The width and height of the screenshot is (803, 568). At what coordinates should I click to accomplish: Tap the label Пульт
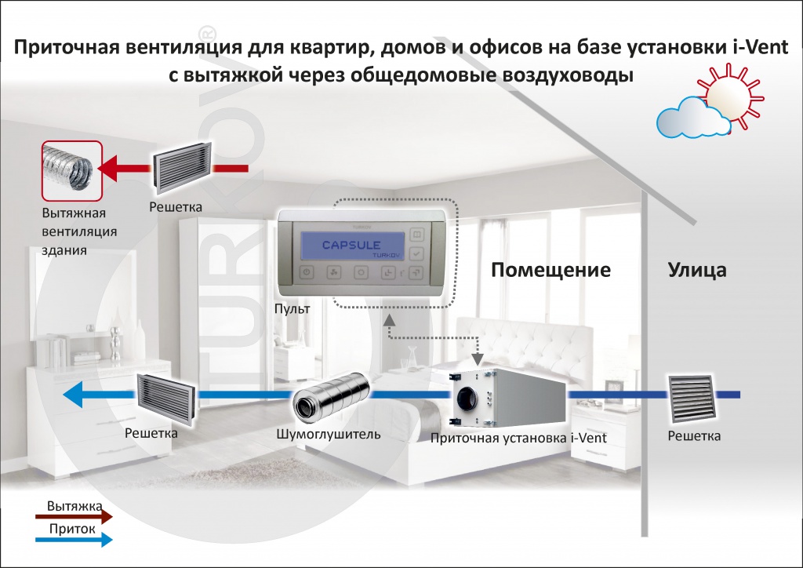(x=293, y=309)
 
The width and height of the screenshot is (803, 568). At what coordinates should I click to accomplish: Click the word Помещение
(x=550, y=271)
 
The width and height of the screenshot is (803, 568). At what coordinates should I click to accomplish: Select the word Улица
(x=697, y=271)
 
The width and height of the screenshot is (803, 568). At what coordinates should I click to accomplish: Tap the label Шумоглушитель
(x=329, y=434)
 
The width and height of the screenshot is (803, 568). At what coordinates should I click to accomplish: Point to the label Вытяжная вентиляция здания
(x=80, y=232)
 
